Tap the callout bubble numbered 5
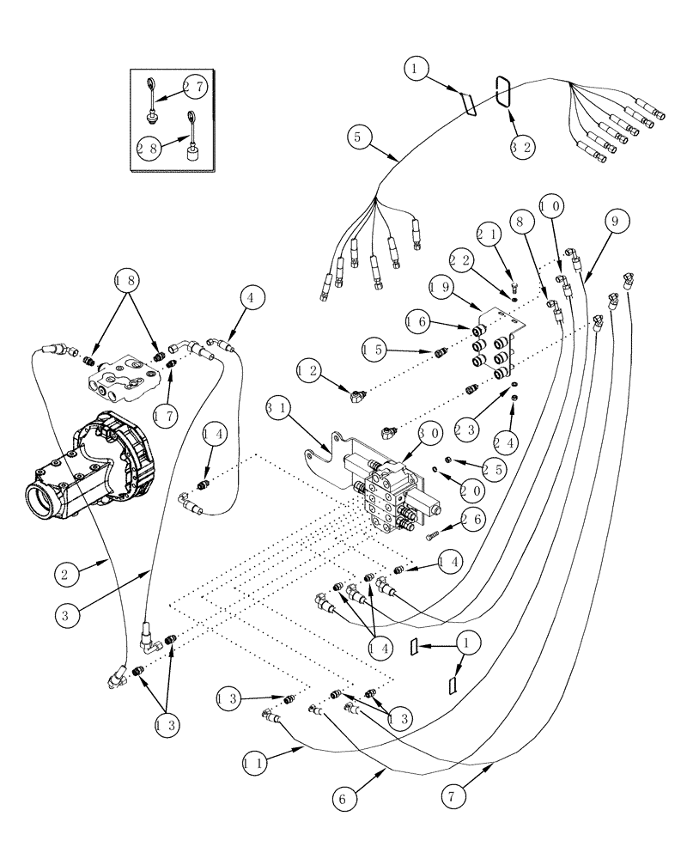(361, 136)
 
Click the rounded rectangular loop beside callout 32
(503, 91)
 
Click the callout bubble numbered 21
(487, 234)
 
